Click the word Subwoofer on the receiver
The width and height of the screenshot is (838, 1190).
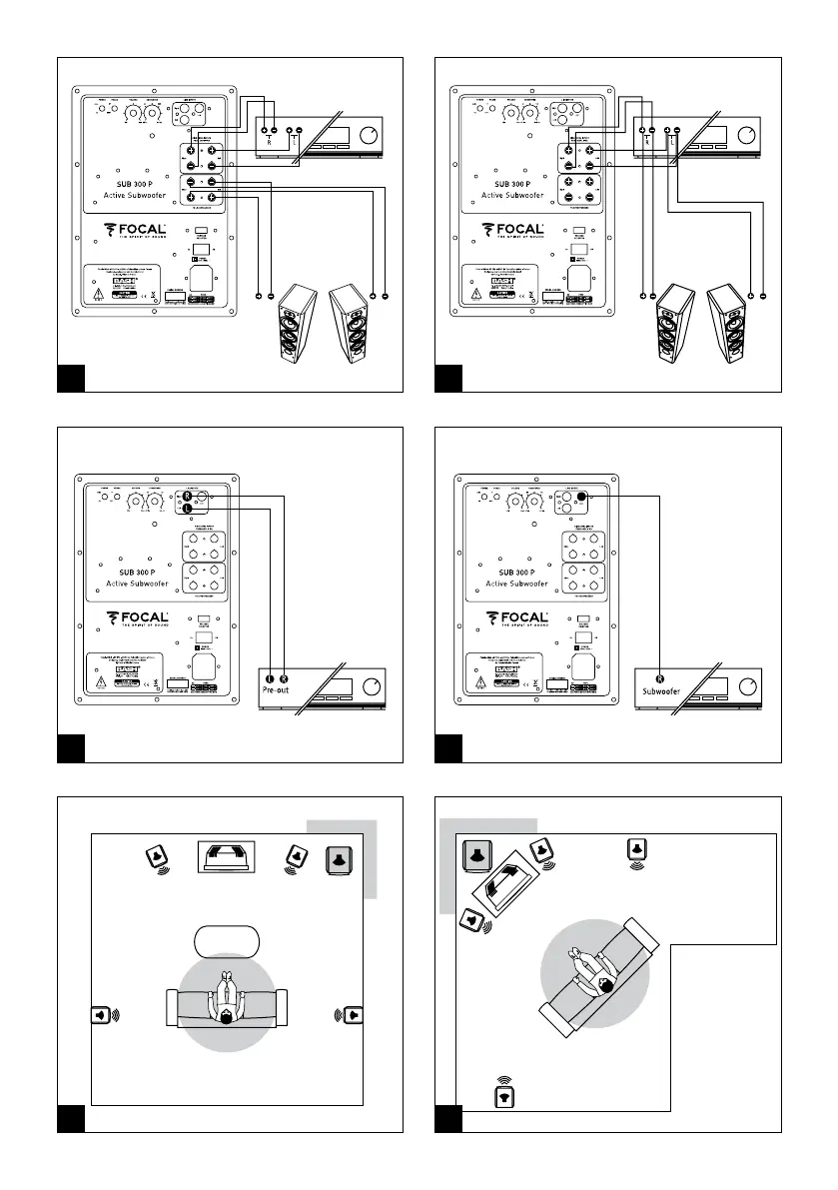point(661,689)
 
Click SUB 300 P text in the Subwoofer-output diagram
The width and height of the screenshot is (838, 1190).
point(510,572)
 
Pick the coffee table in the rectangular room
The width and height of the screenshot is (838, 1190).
point(227,941)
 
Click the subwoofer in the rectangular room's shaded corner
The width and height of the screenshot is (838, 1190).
point(340,860)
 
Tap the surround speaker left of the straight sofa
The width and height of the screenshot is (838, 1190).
point(101,1016)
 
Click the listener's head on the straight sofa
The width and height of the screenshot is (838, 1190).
point(227,1017)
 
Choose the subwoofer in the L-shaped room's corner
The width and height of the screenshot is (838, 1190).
point(475,855)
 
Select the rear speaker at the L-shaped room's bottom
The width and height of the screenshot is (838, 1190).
point(505,1096)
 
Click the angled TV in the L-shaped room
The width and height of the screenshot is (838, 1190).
point(506,884)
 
